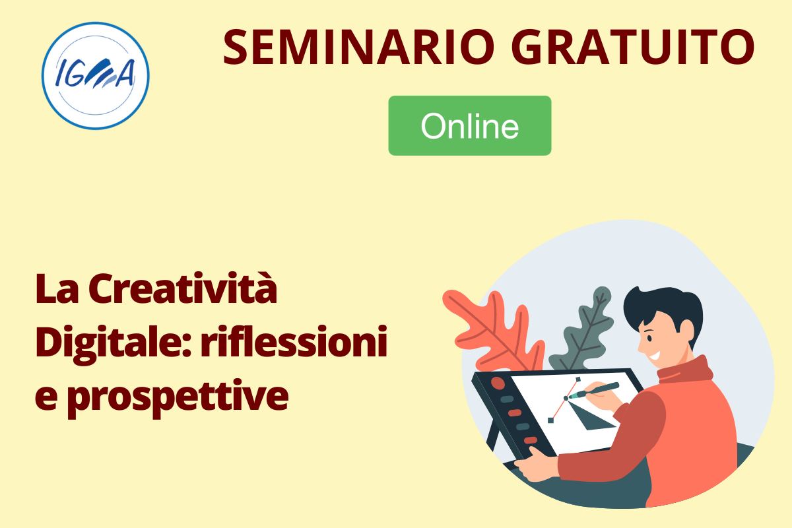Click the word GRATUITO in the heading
(x=633, y=47)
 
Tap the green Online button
(x=469, y=125)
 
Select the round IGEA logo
(x=96, y=76)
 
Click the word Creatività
(x=182, y=288)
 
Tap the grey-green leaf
(x=583, y=331)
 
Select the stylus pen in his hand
(x=594, y=390)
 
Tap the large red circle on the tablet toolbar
(x=498, y=383)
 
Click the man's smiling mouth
(x=654, y=354)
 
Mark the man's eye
(x=650, y=339)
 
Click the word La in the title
(x=57, y=288)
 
